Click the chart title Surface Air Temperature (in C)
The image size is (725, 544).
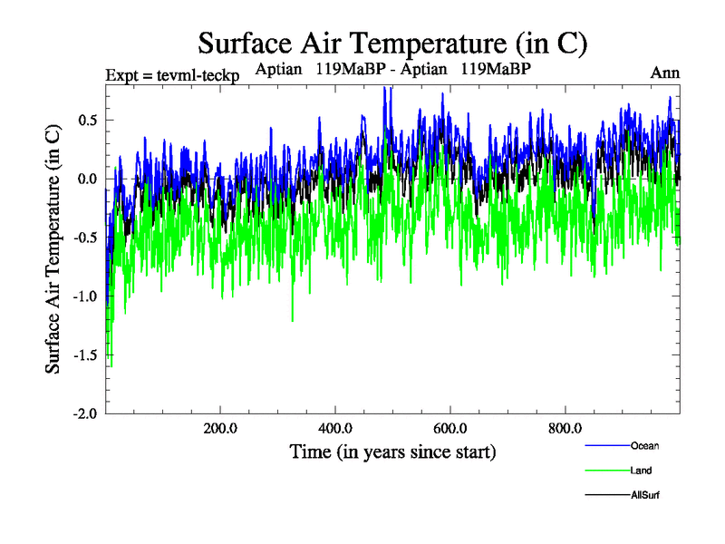(x=392, y=43)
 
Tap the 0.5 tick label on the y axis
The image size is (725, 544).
(x=88, y=121)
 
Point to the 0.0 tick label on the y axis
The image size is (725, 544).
(x=88, y=179)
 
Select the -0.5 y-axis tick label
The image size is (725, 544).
(x=85, y=238)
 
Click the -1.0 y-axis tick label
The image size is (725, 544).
(x=85, y=296)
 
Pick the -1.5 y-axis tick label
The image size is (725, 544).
(x=85, y=355)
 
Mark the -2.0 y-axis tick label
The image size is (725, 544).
(x=85, y=413)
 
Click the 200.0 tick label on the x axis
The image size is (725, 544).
(x=220, y=428)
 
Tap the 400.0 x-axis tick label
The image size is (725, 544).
(x=335, y=428)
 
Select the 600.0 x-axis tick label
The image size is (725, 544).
(x=450, y=428)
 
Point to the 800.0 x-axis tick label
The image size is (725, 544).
(x=565, y=428)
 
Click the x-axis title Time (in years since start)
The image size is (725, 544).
(x=392, y=451)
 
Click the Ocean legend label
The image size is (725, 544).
(x=644, y=445)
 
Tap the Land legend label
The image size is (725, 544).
(x=641, y=471)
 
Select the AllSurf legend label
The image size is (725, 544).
(x=645, y=495)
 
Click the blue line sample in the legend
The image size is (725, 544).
(x=607, y=445)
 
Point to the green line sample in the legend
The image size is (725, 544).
(x=607, y=471)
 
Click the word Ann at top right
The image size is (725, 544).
(x=665, y=73)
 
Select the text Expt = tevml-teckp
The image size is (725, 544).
(x=172, y=75)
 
